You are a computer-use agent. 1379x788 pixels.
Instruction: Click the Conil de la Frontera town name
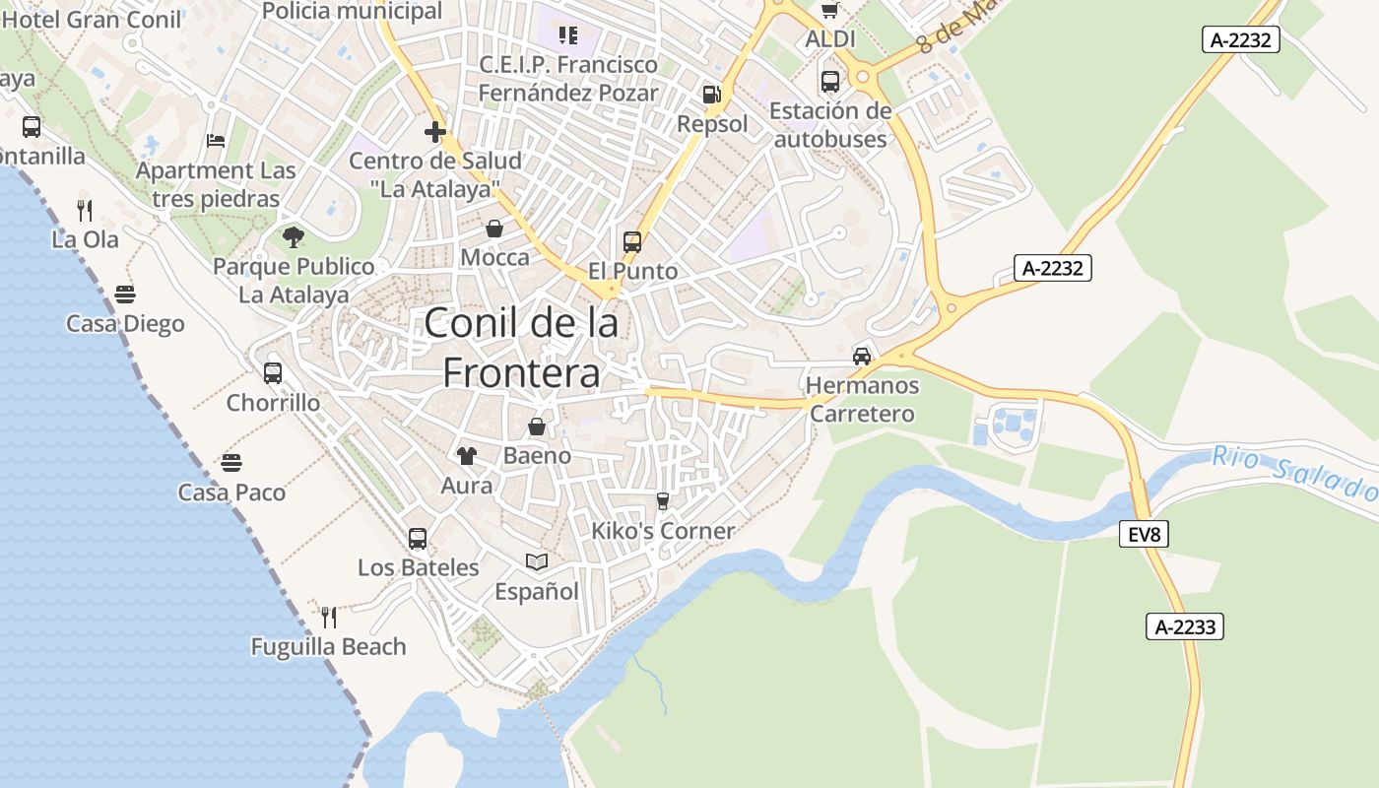[521, 348]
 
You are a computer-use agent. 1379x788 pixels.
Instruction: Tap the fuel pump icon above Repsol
[711, 95]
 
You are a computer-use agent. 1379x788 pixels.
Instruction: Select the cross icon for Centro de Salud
[435, 131]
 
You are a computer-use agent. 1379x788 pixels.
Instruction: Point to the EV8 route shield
[1144, 535]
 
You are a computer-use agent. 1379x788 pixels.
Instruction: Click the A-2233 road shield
[1184, 626]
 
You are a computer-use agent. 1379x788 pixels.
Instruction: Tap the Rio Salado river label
[1293, 472]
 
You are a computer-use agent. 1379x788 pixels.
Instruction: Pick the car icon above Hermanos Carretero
[862, 356]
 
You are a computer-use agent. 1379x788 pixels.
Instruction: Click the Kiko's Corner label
[663, 531]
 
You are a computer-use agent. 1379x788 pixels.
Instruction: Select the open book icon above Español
[537, 561]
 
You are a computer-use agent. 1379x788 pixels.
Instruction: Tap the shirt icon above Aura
[466, 456]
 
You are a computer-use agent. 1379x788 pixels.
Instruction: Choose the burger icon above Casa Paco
[231, 462]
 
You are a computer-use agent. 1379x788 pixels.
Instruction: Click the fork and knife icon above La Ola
[85, 210]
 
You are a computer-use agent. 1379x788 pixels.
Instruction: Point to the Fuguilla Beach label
[328, 647]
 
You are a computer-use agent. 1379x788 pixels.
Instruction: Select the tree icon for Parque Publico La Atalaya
[293, 236]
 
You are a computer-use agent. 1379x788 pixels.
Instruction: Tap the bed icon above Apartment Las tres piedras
[216, 140]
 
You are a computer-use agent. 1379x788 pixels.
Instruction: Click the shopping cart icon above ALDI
[830, 10]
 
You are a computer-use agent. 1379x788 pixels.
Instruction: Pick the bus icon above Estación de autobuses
[830, 81]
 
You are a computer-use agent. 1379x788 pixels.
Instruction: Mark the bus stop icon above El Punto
[632, 241]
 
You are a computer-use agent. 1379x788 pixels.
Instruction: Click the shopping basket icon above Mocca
[494, 229]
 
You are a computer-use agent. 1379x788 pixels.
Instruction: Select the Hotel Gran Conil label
[93, 19]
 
